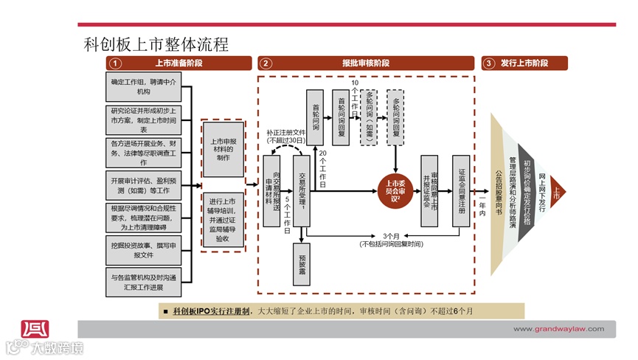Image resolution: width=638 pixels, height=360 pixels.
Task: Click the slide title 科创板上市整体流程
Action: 156,44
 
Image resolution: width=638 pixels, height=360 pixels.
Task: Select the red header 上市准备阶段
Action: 178,63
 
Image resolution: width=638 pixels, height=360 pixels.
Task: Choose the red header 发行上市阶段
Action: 524,63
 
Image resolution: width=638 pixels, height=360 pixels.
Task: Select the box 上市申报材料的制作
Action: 223,149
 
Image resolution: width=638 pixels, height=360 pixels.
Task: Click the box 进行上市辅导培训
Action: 223,219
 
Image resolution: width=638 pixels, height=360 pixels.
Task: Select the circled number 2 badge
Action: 266,63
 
